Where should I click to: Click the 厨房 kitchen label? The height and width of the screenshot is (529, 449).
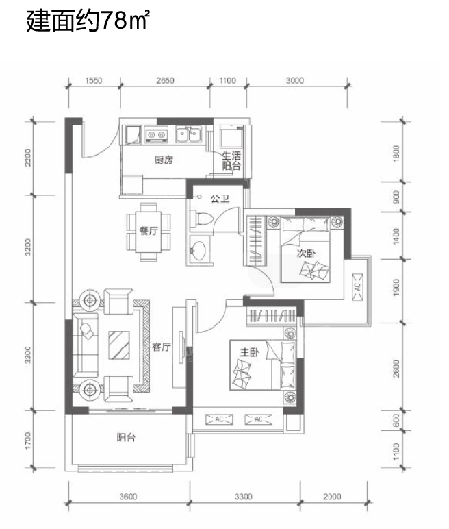pyautogui.click(x=164, y=159)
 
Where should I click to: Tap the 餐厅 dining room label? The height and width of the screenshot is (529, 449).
pyautogui.click(x=149, y=231)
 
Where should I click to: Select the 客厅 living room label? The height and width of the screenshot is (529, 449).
pyautogui.click(x=162, y=347)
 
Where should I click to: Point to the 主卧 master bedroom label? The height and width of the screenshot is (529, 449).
pyautogui.click(x=250, y=352)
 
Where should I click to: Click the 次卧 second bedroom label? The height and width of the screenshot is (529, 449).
pyautogui.click(x=307, y=253)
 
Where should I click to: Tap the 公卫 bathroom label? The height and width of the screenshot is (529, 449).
pyautogui.click(x=220, y=198)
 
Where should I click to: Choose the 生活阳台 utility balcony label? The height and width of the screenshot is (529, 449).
pyautogui.click(x=231, y=160)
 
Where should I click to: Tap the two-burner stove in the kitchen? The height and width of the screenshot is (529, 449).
pyautogui.click(x=156, y=134)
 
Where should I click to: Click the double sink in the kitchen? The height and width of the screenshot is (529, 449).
pyautogui.click(x=188, y=134)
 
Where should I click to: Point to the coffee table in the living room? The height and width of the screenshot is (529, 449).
pyautogui.click(x=119, y=345)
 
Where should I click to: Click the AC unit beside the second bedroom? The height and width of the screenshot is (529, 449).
pyautogui.click(x=358, y=286)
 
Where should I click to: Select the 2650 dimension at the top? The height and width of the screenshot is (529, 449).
pyautogui.click(x=165, y=81)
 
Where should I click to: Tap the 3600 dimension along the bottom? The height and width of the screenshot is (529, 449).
pyautogui.click(x=129, y=496)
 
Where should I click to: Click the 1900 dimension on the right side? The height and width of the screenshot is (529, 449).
pyautogui.click(x=396, y=287)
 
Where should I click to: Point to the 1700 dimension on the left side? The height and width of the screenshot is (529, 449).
pyautogui.click(x=27, y=441)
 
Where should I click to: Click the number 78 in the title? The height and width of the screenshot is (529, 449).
pyautogui.click(x=113, y=21)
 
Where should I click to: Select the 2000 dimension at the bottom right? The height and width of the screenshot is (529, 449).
pyautogui.click(x=332, y=496)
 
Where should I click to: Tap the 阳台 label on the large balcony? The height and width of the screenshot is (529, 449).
pyautogui.click(x=127, y=438)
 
